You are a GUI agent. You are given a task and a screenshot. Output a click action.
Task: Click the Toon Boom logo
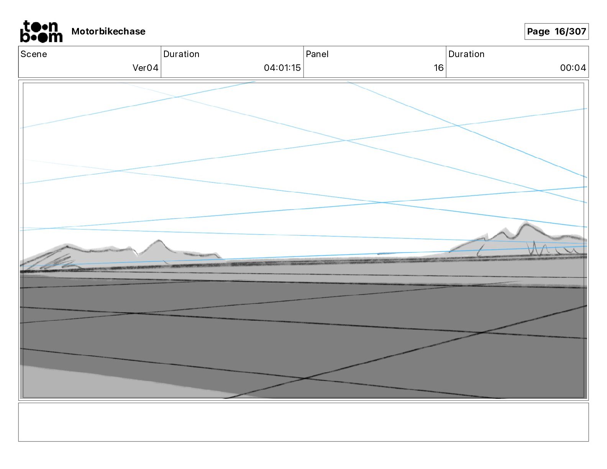41,31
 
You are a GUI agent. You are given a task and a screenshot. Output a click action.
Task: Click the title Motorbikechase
108,31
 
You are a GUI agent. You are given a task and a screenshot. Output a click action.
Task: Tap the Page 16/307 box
556,31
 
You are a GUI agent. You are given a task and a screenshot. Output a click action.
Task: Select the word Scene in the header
34,54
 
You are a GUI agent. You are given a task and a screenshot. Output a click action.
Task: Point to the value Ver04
145,68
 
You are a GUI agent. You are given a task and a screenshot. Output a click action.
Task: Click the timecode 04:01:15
282,68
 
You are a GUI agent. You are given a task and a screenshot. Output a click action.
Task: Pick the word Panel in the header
317,54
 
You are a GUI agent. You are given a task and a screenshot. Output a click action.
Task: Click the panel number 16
438,68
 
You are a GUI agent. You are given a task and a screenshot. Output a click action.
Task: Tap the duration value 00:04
573,68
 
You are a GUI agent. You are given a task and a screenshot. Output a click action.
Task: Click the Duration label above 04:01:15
181,54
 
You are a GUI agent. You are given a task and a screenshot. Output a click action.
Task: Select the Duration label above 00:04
466,54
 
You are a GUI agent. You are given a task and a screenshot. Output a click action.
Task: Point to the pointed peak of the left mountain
159,241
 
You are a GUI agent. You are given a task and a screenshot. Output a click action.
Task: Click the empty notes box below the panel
303,422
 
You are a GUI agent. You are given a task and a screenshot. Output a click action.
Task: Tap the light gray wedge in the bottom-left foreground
96,381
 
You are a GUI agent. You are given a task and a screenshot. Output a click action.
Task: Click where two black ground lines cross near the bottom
305,378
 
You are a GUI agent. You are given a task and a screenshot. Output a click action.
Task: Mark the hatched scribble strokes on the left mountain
57,261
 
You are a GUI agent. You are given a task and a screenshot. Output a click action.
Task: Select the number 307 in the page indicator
578,31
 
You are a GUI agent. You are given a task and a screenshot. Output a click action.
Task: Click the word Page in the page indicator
538,31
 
